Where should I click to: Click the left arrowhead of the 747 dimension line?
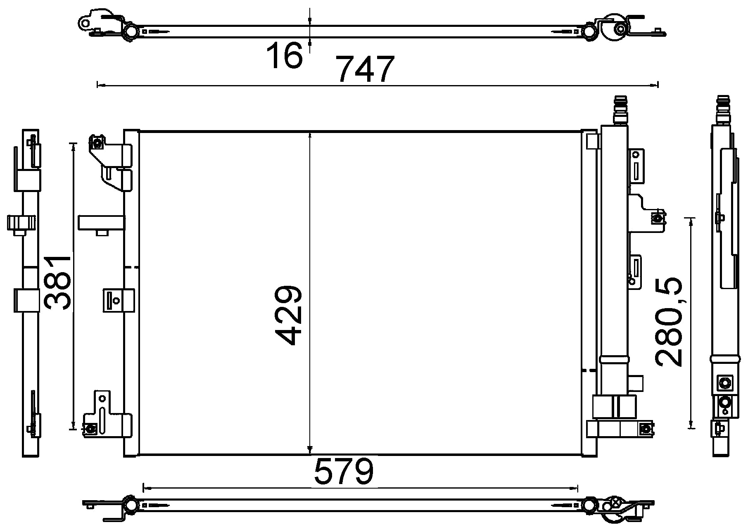tap(99, 85)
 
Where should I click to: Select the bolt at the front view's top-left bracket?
tap(97, 144)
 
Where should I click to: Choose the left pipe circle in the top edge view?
tap(132, 31)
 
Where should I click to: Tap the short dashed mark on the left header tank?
tap(132, 268)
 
